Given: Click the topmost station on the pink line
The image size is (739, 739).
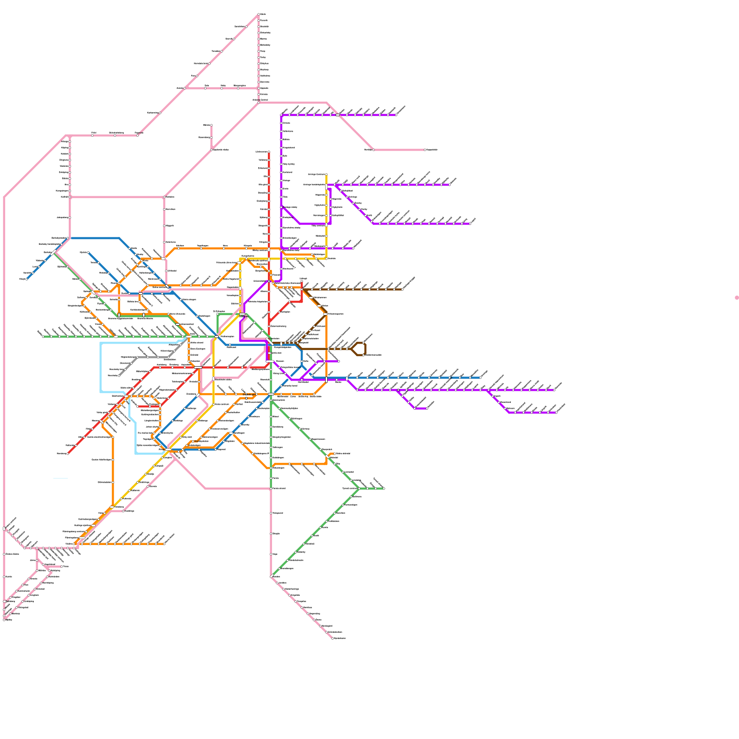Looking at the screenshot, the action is click(259, 14).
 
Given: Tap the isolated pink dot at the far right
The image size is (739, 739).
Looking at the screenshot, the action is click(737, 297).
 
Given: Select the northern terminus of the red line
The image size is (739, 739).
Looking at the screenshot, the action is click(269, 151).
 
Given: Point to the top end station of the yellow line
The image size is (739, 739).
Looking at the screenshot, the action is click(327, 175).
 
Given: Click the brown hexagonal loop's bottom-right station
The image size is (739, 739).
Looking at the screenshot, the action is click(364, 355).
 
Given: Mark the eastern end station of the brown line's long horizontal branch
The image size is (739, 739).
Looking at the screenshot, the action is click(402, 290).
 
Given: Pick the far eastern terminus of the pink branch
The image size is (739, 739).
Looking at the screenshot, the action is click(425, 150).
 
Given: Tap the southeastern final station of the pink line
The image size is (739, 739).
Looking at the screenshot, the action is click(333, 638).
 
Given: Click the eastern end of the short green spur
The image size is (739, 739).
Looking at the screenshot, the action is click(384, 488).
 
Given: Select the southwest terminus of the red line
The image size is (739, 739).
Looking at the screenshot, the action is click(68, 454).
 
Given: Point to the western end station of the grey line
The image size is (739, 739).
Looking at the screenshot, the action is click(119, 376).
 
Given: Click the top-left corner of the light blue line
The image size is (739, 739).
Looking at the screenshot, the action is click(101, 343).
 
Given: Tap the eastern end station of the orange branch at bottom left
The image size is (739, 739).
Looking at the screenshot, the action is click(164, 544).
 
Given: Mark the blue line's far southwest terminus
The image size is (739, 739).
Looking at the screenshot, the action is click(27, 279).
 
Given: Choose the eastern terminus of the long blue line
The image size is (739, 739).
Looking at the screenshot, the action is click(480, 377).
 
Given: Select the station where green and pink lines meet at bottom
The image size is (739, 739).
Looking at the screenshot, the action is click(271, 488).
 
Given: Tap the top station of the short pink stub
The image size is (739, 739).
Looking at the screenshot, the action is click(212, 125).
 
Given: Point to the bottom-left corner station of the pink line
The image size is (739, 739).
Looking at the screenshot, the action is click(4, 619).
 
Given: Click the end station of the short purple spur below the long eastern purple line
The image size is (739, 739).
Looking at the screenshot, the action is click(427, 408).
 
